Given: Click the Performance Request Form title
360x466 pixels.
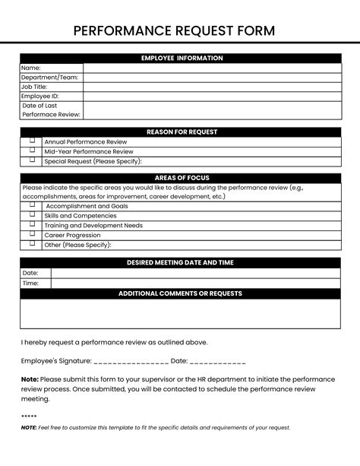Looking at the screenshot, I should [x=179, y=30].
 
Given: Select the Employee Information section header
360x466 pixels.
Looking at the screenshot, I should [x=180, y=58].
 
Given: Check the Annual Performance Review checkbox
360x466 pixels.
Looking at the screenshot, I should [x=32, y=141].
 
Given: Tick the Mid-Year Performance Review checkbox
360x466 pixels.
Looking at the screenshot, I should [x=32, y=151].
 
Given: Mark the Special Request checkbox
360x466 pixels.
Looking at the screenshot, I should [x=32, y=160].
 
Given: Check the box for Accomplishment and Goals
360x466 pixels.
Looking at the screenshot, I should [x=32, y=205].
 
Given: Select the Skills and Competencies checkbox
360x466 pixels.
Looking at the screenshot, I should [x=32, y=215].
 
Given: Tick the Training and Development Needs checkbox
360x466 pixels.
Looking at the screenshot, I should [x=32, y=224].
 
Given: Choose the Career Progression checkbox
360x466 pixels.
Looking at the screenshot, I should [x=32, y=234].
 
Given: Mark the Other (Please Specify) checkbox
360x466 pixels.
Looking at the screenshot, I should [x=32, y=244].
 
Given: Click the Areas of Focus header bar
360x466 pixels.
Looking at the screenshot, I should [x=180, y=178].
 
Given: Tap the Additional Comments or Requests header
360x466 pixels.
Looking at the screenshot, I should [x=180, y=293].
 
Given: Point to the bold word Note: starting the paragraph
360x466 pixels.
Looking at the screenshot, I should [x=30, y=379].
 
